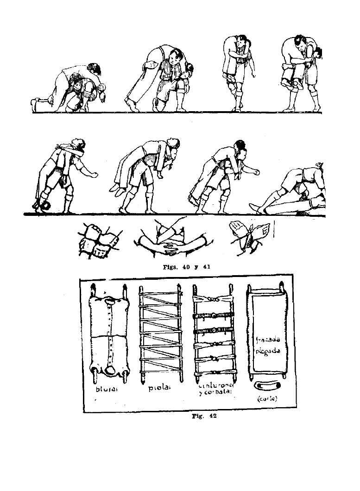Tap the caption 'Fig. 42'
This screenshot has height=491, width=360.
[x=204, y=416]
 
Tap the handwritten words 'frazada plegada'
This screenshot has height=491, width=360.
[x=267, y=345]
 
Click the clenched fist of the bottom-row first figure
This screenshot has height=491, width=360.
[x=95, y=175]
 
